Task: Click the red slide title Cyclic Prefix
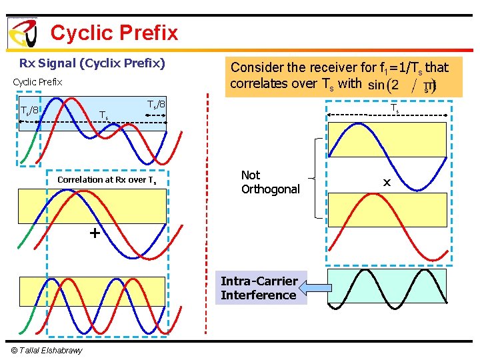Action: tap(114, 33)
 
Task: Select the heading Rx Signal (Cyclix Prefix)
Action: tap(92, 64)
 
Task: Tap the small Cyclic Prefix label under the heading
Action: tap(37, 82)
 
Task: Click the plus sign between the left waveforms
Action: tap(95, 233)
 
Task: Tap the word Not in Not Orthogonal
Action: tap(251, 175)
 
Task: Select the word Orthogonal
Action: tap(270, 189)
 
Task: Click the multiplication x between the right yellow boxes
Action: tap(387, 181)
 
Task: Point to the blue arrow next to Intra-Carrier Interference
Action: tap(315, 288)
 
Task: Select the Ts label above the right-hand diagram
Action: tap(395, 109)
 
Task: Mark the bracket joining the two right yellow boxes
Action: tap(315, 179)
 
